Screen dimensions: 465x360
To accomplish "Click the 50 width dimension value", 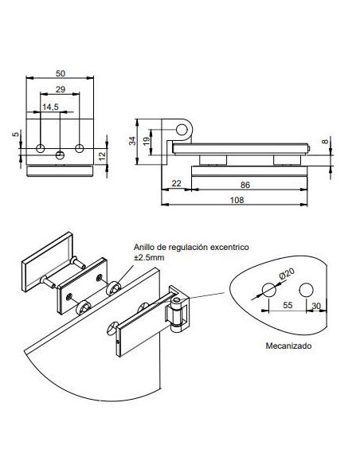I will click(61, 72).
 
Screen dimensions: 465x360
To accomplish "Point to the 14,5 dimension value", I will click(50, 107).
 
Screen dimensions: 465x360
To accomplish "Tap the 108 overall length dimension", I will click(237, 201).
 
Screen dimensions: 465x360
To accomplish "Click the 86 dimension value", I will click(245, 185).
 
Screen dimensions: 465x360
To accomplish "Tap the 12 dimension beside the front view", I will click(103, 155).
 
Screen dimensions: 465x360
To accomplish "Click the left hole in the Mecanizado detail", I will click(268, 294).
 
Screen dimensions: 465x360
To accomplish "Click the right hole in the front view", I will click(80, 148).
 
